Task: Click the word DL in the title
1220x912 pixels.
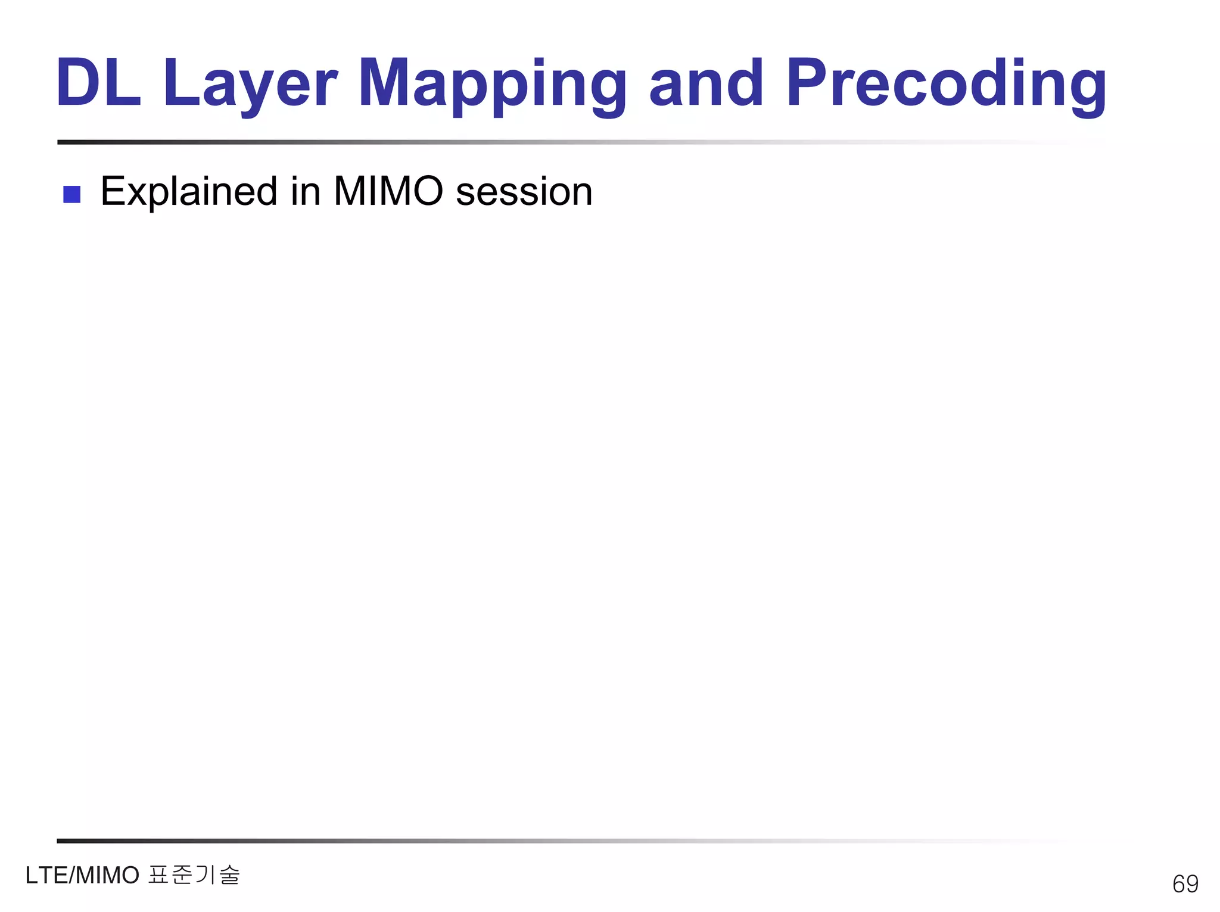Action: (98, 83)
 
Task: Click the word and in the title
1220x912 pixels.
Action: (706, 83)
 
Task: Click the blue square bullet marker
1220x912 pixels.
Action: (71, 194)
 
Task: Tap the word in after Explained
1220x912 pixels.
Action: (306, 192)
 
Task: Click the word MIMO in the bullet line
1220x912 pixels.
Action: (388, 192)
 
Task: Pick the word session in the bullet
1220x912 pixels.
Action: (524, 192)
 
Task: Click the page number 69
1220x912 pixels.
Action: (1185, 883)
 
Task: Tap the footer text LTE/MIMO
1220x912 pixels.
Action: (82, 876)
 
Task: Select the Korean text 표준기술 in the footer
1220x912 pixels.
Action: (194, 875)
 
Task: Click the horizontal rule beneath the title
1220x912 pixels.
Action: (536, 142)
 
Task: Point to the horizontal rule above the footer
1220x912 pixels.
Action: (536, 841)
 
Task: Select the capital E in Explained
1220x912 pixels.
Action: (112, 192)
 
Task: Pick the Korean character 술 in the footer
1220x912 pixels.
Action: (229, 875)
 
